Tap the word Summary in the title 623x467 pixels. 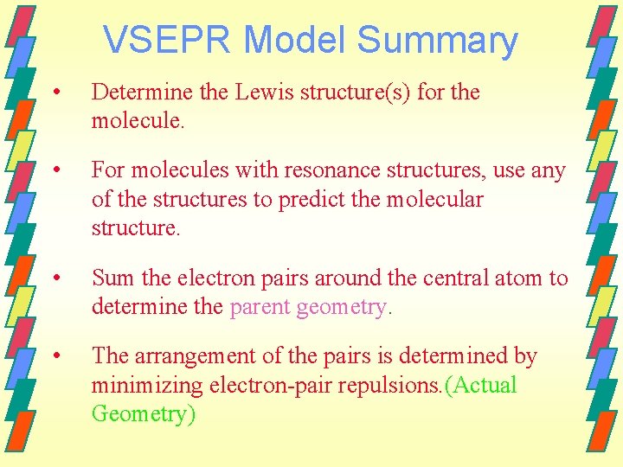tap(437, 42)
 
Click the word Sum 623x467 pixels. tap(111, 278)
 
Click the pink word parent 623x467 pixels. tap(260, 307)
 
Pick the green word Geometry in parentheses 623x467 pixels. tap(140, 414)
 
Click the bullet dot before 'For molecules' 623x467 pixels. tap(56, 170)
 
